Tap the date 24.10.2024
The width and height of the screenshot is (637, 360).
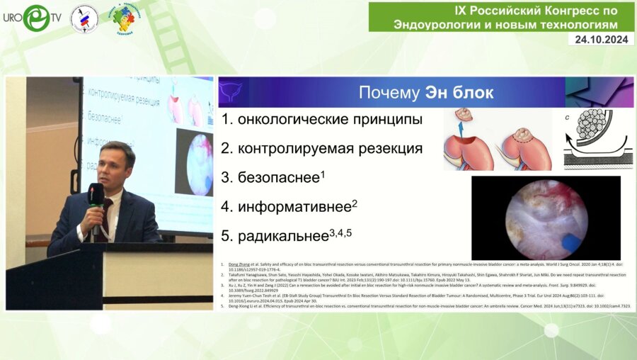click(x=600, y=40)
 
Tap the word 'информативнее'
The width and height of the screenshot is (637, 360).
click(x=295, y=207)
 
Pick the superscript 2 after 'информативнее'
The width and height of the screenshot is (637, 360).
click(x=355, y=203)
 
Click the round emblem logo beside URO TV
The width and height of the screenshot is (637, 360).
click(x=84, y=18)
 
